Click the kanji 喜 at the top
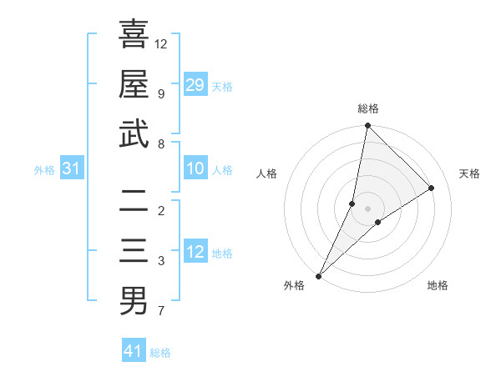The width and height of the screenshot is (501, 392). coord(134,35)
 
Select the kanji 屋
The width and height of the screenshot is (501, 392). coord(134,84)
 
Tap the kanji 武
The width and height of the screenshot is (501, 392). coord(134,134)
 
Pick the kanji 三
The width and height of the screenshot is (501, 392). coord(134,251)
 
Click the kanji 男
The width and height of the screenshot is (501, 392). coord(134,301)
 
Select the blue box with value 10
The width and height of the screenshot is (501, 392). coord(195,168)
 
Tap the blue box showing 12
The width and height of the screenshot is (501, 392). coord(195,252)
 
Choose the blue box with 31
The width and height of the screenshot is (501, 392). coord(72,168)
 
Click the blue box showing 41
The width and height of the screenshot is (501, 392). coord(134,351)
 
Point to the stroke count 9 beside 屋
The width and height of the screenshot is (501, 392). coord(160,93)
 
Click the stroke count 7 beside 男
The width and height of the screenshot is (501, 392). coord(160,312)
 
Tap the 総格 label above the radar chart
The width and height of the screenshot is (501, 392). coord(368,108)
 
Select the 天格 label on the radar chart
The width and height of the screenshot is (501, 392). coord(470,173)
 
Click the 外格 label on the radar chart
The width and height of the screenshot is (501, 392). coord(294,286)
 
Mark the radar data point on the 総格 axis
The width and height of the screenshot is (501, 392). coord(367,126)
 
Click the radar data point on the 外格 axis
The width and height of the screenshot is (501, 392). coord(318,275)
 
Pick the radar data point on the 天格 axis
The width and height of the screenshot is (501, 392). coord(432,188)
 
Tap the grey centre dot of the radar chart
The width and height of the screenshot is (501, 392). coord(367,209)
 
